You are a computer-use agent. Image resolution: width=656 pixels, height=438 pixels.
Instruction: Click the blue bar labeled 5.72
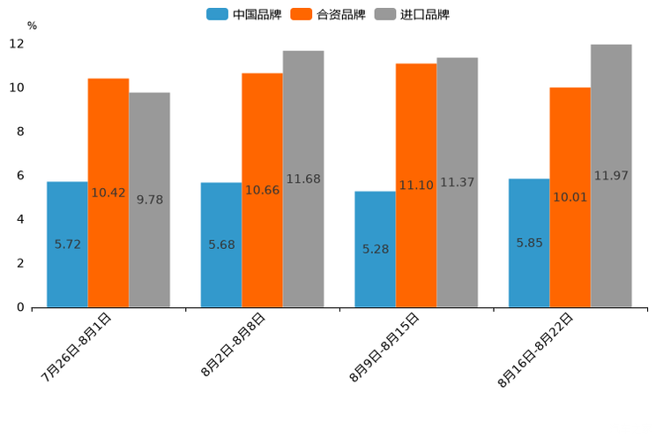[x=67, y=245]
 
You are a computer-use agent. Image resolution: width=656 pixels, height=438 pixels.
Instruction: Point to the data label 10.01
[x=570, y=197]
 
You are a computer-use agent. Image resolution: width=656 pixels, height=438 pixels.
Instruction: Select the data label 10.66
[x=262, y=190]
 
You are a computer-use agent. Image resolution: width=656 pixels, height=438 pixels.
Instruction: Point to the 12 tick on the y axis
[x=17, y=44]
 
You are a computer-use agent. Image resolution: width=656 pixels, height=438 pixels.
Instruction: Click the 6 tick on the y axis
[x=20, y=176]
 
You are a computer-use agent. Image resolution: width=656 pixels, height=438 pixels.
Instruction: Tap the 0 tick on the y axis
[x=20, y=307]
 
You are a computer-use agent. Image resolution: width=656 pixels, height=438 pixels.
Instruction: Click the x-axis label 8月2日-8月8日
[x=233, y=345]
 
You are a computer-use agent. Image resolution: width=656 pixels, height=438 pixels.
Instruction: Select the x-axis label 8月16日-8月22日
[x=536, y=350]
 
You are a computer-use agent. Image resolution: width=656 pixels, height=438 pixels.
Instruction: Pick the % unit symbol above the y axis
[x=32, y=26]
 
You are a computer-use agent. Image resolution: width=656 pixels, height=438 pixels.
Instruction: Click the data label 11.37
[x=457, y=183]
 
